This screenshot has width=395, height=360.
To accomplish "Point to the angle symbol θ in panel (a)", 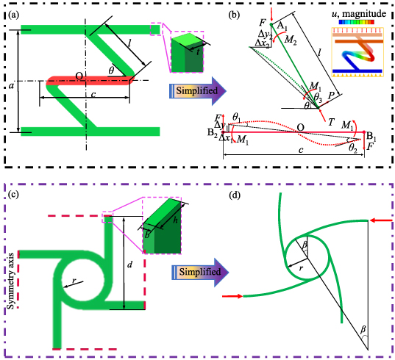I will (x=111, y=71).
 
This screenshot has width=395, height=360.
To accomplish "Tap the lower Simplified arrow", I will (x=189, y=272).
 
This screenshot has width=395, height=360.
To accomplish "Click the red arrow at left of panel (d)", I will (x=232, y=296).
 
